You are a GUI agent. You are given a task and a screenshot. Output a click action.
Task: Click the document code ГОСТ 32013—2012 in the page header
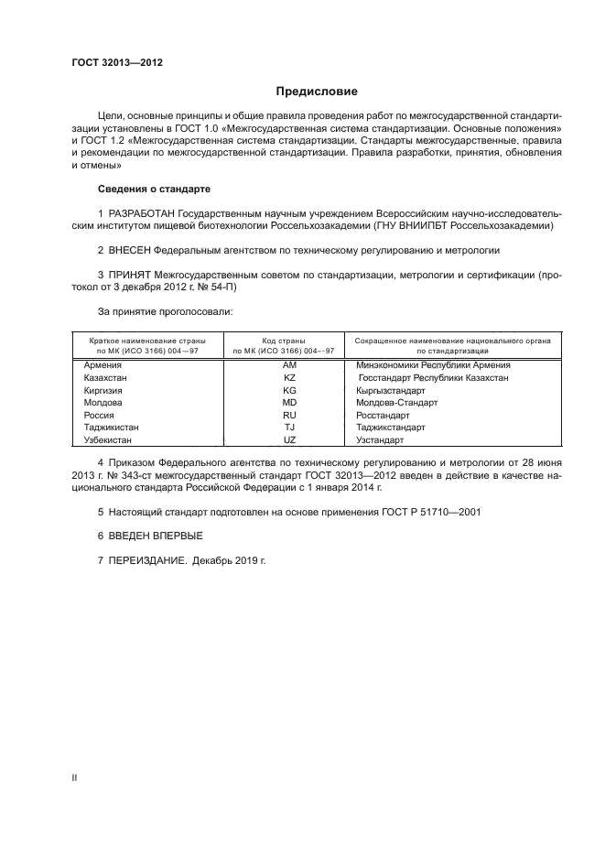[116, 63]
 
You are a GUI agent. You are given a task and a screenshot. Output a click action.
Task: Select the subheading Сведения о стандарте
[154, 189]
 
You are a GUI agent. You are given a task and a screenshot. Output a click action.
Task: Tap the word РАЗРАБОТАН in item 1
[140, 213]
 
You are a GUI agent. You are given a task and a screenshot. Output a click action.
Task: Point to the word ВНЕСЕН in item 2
[129, 250]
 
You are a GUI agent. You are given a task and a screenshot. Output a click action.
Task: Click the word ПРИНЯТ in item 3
[130, 275]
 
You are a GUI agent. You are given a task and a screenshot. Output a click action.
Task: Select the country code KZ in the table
[290, 377]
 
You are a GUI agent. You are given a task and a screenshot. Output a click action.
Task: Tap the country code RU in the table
[290, 415]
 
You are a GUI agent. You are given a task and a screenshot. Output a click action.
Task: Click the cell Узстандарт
[381, 440]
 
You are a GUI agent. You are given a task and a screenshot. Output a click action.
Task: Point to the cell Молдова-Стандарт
[397, 402]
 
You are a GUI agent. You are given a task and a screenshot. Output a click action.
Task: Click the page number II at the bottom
[74, 777]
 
